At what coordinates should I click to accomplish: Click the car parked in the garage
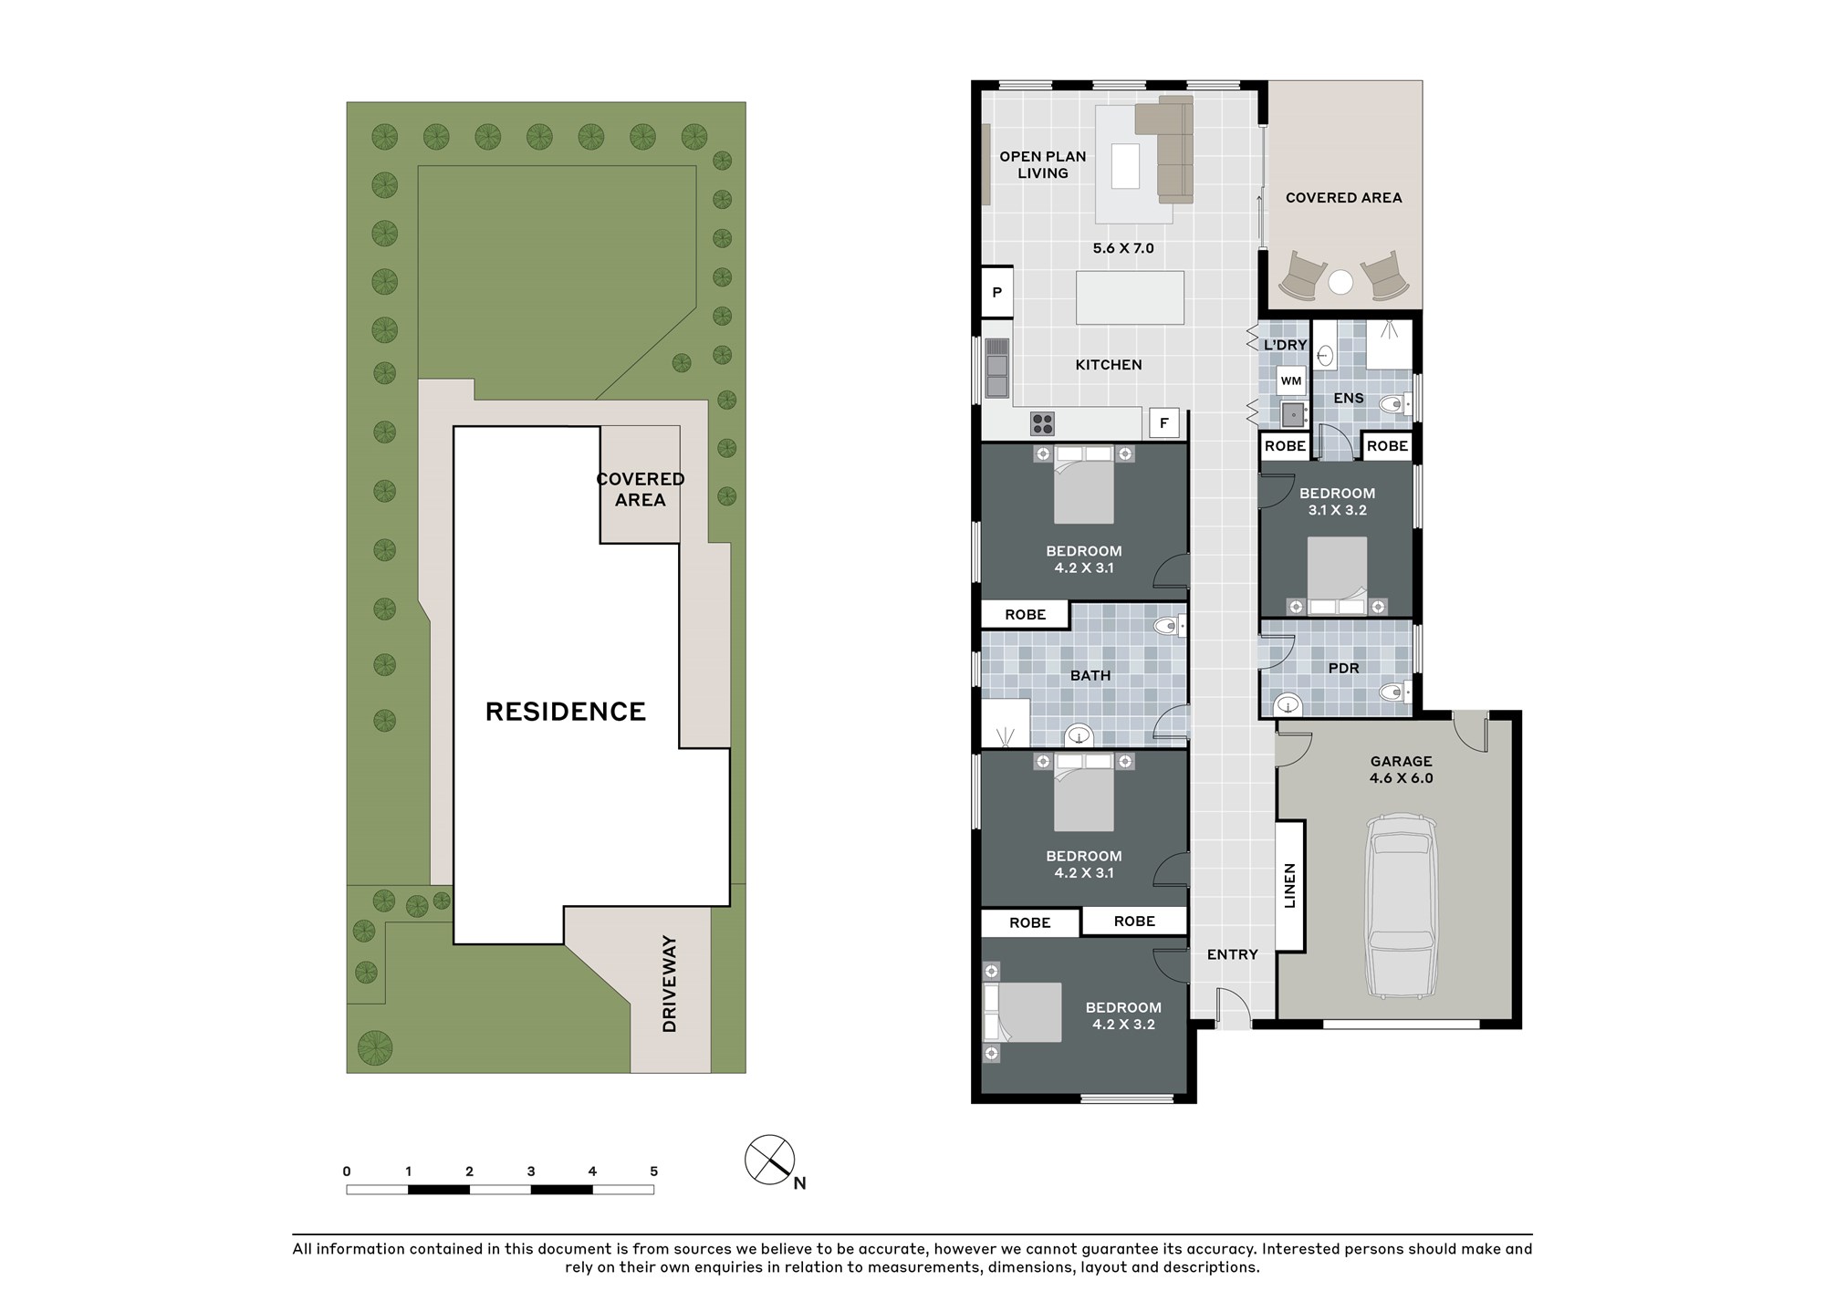pos(1400,909)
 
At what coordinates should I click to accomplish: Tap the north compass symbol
pos(770,1160)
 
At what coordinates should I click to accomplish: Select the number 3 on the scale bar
pos(531,1171)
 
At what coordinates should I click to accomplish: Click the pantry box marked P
pos(997,293)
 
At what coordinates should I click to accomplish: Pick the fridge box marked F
pos(1163,423)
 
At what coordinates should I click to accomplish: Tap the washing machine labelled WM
pos(1291,381)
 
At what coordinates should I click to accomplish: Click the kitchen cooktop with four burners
pos(1042,423)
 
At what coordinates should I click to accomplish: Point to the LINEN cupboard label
pos(1289,886)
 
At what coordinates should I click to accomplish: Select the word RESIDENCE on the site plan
pos(566,712)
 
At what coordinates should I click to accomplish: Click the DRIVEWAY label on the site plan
pos(670,984)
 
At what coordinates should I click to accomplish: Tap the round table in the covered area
pos(1340,283)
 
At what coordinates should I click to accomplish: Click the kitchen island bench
pos(1130,297)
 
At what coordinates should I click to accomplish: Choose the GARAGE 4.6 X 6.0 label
pos(1401,769)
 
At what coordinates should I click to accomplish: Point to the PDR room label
pos(1344,668)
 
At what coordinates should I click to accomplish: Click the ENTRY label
pos(1233,954)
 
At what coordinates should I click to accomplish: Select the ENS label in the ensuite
pos(1349,398)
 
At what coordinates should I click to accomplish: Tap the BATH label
pos(1090,675)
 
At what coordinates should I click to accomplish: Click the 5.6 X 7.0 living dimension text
pos(1123,248)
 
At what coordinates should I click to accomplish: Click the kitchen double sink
pos(997,368)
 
